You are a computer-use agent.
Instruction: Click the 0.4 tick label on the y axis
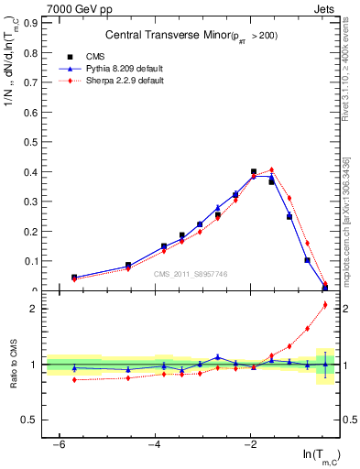[29, 172]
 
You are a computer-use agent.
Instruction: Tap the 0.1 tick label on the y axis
[29, 261]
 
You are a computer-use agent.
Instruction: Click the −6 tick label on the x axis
[59, 444]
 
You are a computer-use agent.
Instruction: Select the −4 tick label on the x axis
[155, 444]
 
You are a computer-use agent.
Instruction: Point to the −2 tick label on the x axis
[251, 444]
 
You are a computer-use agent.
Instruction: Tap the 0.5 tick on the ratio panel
[29, 420]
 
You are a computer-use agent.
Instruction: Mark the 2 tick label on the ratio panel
[32, 309]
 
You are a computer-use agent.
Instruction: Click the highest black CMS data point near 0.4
[254, 171]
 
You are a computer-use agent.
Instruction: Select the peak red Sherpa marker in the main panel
[272, 169]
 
